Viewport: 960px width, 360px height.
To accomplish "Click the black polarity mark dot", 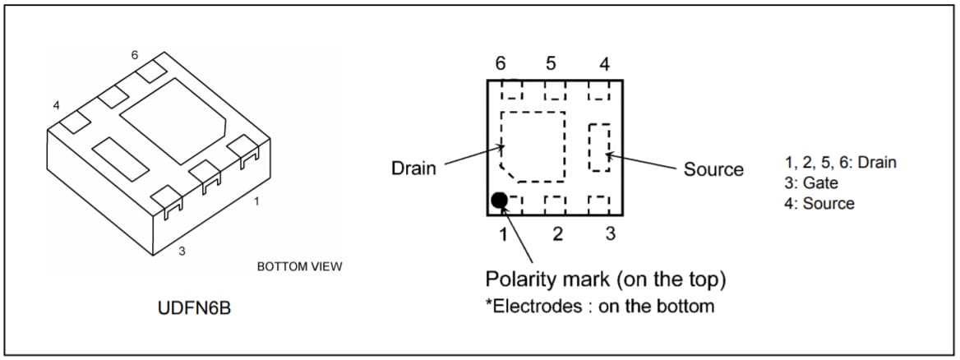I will [499, 200].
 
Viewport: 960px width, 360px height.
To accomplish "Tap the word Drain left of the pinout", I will [413, 168].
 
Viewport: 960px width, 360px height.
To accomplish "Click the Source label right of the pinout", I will [713, 169].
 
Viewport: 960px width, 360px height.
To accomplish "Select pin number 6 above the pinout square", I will [501, 63].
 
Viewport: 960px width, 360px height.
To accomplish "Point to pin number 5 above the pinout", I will [551, 63].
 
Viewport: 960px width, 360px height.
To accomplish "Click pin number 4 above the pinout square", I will [604, 65].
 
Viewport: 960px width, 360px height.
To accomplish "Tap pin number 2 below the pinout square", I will [557, 234].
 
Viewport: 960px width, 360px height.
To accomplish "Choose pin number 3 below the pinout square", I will [610, 234].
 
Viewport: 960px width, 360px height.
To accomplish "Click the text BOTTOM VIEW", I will [299, 266].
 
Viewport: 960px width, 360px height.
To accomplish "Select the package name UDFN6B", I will [194, 308].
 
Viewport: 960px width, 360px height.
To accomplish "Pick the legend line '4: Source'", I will [819, 204].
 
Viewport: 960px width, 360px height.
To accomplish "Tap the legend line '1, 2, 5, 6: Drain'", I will [841, 162].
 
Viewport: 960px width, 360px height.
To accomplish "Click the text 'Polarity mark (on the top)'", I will [605, 279].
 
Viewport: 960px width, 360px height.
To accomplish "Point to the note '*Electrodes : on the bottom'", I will [599, 306].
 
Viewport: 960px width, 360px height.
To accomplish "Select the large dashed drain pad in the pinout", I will [533, 145].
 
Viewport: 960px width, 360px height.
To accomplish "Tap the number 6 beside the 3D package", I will [134, 55].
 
